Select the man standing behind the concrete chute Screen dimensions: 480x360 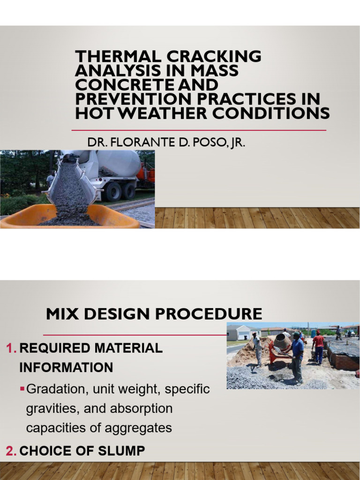pos(51,180)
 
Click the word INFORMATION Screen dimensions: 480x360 pos(66,367)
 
